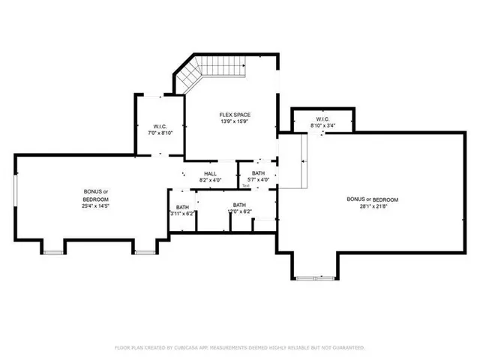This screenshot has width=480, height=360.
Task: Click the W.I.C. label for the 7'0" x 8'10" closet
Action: coord(159,126)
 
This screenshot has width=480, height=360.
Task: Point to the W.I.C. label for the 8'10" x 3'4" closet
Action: coord(322,118)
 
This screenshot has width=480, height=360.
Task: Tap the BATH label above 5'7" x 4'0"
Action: coord(258,174)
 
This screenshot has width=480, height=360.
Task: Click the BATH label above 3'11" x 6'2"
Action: coord(182,207)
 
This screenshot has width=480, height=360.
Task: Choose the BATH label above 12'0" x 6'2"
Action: coord(239,205)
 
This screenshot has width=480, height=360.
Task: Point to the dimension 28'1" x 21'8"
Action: coord(372,206)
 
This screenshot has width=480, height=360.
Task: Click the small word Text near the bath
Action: coord(245,185)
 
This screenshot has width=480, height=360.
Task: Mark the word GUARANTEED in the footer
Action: coord(347,348)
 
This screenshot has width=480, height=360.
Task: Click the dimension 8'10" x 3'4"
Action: coord(322,125)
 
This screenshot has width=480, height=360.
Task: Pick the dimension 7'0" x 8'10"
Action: coord(159,133)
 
